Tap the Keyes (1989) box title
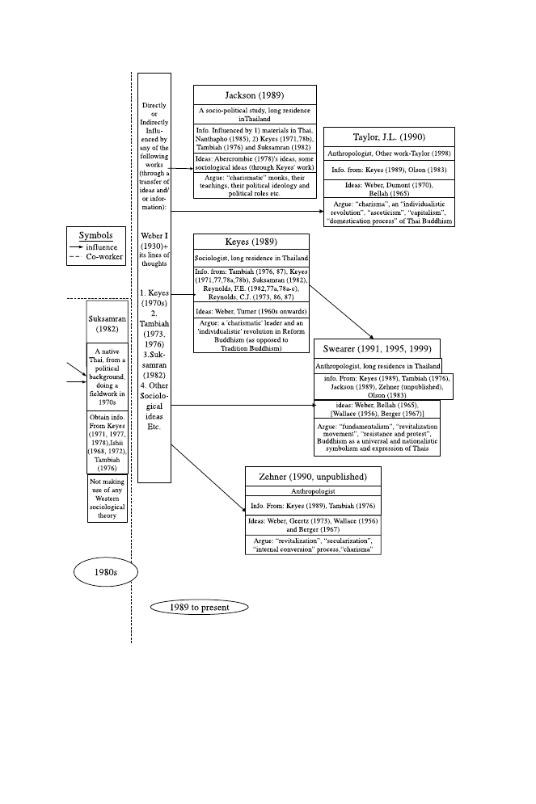[251, 242]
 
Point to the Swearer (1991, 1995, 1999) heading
[378, 348]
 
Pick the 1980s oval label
[106, 572]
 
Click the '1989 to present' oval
[199, 607]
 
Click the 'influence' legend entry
[101, 247]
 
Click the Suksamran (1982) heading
[108, 323]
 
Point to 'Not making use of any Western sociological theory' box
[108, 498]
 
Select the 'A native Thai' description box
[108, 377]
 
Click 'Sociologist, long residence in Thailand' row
[251, 257]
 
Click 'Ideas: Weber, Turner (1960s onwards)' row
[251, 310]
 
